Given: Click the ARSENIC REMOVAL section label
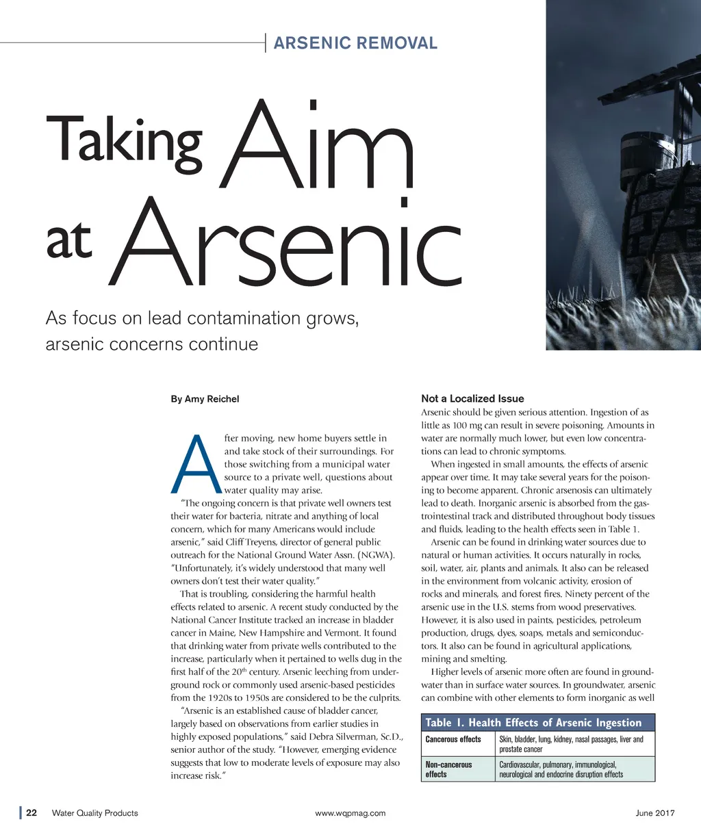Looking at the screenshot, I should (x=355, y=43).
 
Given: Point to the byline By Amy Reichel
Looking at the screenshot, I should (x=205, y=399).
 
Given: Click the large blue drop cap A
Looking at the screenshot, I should (x=195, y=464).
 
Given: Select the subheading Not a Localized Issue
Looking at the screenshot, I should (x=472, y=398).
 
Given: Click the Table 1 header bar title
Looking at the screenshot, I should (x=533, y=723).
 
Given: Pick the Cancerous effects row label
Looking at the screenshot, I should (x=453, y=739).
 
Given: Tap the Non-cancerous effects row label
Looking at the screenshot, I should (x=449, y=769).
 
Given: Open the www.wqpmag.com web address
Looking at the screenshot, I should (x=350, y=813).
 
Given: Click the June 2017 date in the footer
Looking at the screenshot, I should (x=655, y=813).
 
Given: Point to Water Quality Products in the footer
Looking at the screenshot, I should (x=95, y=813).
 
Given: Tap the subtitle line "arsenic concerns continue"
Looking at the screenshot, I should (x=151, y=344).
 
